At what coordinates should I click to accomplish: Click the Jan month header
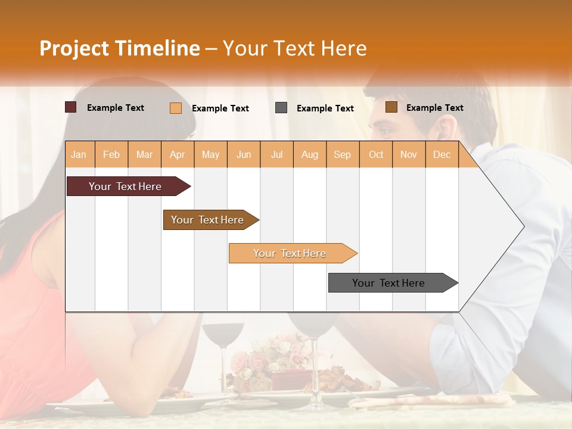79,154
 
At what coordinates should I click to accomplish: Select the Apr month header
177,154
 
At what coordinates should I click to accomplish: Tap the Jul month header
276,154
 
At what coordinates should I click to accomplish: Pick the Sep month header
342,154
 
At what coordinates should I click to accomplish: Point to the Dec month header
442,154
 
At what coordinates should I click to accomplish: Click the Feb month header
111,154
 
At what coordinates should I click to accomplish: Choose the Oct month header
376,154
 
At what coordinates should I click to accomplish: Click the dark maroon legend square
71,107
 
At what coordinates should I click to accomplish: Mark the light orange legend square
176,108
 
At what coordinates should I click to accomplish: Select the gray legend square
281,108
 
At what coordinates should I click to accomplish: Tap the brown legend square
391,107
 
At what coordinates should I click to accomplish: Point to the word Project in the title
74,48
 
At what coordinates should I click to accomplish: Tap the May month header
210,154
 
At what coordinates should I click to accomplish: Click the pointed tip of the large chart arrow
523,226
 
